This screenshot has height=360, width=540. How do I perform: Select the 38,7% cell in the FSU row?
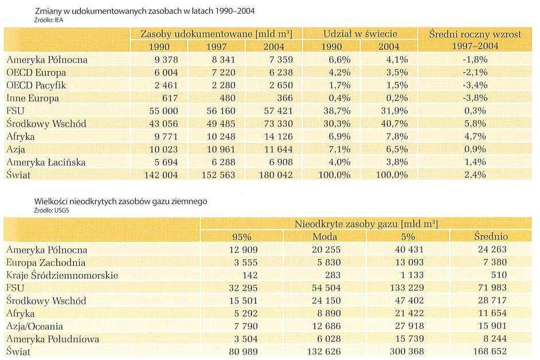[x=337, y=111]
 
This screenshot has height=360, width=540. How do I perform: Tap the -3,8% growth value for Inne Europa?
[x=475, y=98]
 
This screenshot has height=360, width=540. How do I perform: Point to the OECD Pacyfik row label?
[x=36, y=85]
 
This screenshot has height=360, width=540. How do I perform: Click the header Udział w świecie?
[x=360, y=34]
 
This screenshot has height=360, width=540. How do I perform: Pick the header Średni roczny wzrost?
[x=475, y=34]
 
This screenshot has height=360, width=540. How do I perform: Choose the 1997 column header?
[x=216, y=46]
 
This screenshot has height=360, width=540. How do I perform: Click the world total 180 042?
[x=276, y=175]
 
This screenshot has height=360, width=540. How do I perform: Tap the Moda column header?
[x=325, y=237]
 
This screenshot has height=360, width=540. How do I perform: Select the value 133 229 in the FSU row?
[x=407, y=288]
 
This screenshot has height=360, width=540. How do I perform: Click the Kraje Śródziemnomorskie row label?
[x=62, y=275]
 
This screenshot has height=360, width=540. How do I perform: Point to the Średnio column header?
[x=491, y=236]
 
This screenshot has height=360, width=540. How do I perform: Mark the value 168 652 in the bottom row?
[x=490, y=351]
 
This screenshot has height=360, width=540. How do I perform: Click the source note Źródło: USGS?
[x=52, y=210]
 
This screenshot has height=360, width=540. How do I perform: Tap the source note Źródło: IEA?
[x=49, y=20]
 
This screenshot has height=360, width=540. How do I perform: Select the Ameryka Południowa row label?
[x=53, y=339]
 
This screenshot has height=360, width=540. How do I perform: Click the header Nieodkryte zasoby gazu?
[x=366, y=224]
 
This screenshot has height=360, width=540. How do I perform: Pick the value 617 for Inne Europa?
[x=170, y=98]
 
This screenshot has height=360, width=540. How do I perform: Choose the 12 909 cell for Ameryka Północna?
[x=243, y=249]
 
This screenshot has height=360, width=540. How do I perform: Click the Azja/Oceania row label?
[x=34, y=326]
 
